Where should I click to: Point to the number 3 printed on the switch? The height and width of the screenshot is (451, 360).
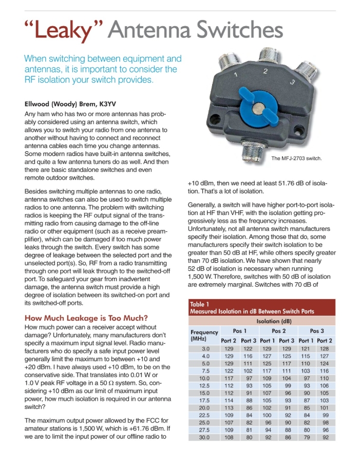pyautogui.click(x=292, y=82)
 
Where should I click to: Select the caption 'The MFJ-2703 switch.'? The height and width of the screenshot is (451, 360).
pyautogui.click(x=296, y=159)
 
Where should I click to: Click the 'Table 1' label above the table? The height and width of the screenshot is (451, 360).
pyautogui.click(x=201, y=304)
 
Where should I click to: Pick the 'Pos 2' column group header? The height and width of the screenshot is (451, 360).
pyautogui.click(x=278, y=331)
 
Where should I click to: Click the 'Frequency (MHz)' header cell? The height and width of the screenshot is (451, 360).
pyautogui.click(x=204, y=336)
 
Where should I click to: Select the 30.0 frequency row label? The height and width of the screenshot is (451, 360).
pyautogui.click(x=205, y=438)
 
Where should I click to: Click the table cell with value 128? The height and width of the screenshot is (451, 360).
pyautogui.click(x=324, y=349)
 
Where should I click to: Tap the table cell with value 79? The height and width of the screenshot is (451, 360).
pyautogui.click(x=306, y=438)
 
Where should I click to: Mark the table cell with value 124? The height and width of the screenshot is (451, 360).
pyautogui.click(x=324, y=363)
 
